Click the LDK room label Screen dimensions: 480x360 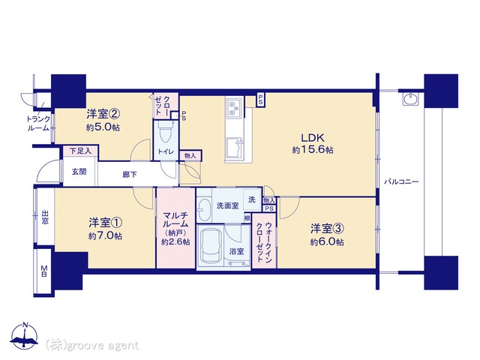313,138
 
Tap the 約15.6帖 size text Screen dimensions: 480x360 313,150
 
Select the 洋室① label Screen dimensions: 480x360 106,223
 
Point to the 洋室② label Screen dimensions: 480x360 103,114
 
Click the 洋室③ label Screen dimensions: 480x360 327,229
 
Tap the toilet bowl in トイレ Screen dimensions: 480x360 166,133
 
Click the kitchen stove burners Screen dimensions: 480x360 234,108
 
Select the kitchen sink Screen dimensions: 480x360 235,147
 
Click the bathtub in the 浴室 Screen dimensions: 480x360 211,247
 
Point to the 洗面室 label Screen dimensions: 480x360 227,205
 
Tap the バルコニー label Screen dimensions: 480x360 401,181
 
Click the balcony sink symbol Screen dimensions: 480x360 410,98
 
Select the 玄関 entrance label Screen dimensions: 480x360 79,172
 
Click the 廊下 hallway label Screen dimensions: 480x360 130,175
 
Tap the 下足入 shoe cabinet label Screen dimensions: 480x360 80,151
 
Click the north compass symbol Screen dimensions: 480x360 25,335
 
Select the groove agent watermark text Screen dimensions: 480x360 92,346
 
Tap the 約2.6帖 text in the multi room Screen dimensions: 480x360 175,241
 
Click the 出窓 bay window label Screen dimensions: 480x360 45,217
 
